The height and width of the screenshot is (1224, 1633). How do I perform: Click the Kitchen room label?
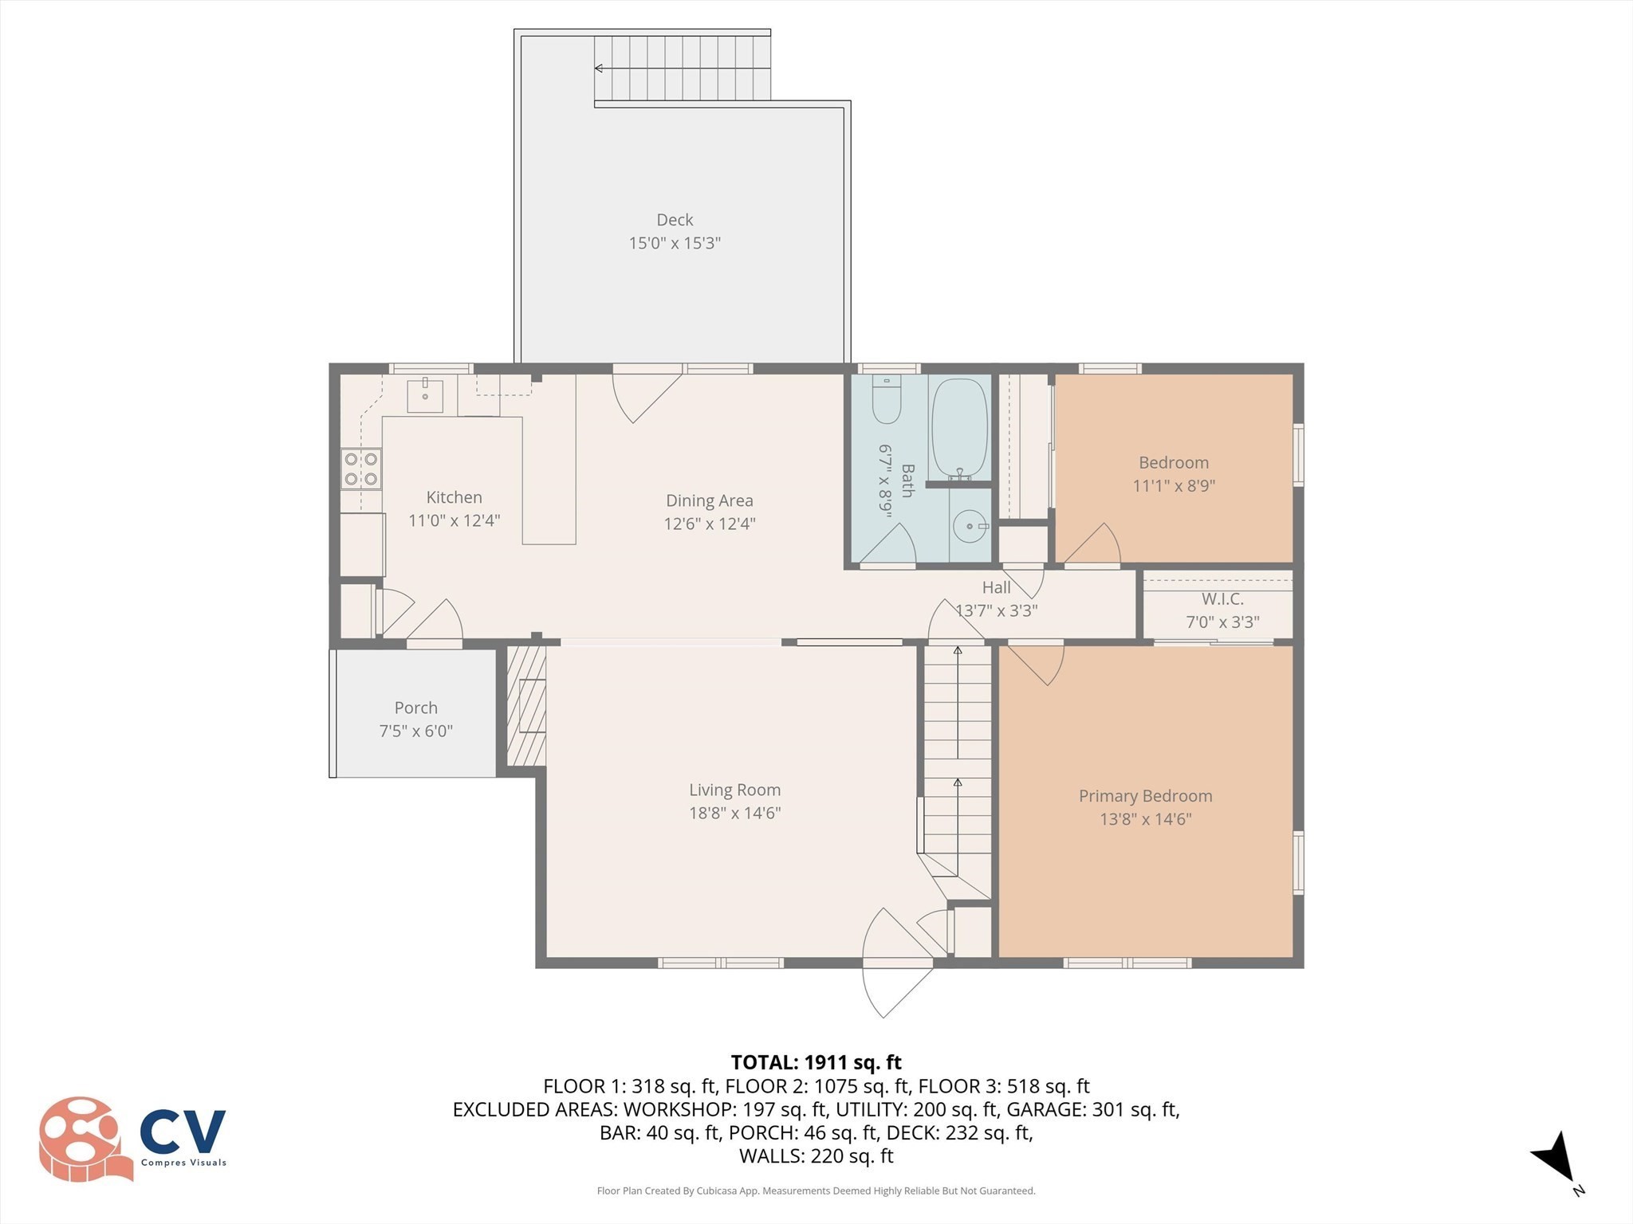tap(454, 497)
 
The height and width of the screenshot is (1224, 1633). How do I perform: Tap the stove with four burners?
tap(361, 469)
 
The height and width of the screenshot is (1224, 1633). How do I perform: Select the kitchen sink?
tap(425, 396)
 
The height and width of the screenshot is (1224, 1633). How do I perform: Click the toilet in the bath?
tap(887, 401)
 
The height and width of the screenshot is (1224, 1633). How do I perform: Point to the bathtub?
tap(959, 429)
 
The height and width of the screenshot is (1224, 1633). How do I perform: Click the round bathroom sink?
tap(969, 527)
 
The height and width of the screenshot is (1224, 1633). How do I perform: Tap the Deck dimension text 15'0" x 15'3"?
tap(675, 243)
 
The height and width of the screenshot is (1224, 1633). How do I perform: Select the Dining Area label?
tap(709, 500)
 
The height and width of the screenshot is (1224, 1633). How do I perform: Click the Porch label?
tap(415, 708)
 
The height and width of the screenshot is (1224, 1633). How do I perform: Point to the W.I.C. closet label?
tap(1222, 599)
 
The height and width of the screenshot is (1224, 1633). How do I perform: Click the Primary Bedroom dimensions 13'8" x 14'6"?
tap(1145, 818)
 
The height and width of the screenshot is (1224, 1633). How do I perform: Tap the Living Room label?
tap(734, 790)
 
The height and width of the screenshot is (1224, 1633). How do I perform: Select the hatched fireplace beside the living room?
tap(526, 706)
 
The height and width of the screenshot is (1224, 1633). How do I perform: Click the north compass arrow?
tap(1556, 1159)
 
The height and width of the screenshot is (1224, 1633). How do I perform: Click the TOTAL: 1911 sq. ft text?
tap(816, 1062)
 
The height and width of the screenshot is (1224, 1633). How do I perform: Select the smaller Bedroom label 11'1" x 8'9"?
tap(1173, 463)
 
